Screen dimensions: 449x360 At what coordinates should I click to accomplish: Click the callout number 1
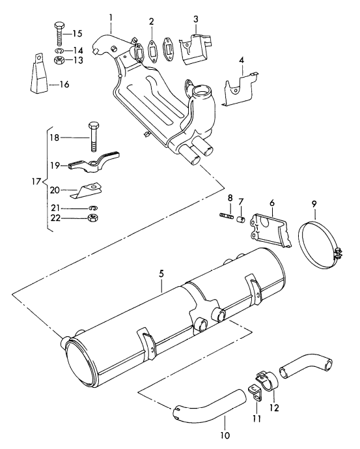[111, 16]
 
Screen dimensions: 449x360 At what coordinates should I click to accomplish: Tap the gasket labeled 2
[151, 48]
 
